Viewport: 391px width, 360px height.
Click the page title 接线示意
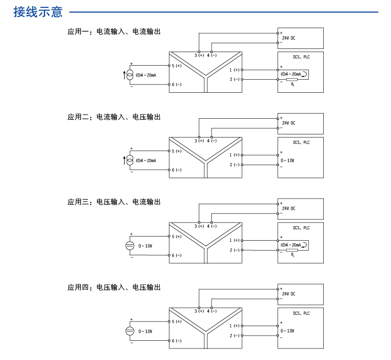click(38, 11)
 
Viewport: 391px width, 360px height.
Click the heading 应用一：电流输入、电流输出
click(114, 32)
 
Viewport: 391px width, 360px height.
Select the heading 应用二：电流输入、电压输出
click(114, 117)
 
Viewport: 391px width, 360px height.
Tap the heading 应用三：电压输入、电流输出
click(114, 202)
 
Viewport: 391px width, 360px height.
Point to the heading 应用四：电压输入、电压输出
click(114, 288)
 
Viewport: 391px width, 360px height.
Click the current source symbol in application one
click(130, 75)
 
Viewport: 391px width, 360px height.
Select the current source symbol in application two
click(130, 160)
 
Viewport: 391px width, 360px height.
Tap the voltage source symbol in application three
click(130, 245)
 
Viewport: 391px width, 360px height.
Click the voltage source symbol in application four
click(130, 331)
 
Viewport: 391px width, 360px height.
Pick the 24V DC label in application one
click(288, 38)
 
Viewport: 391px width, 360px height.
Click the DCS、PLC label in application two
click(301, 143)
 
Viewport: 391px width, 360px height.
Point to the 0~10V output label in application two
click(287, 160)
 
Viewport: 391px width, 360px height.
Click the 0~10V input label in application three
click(145, 245)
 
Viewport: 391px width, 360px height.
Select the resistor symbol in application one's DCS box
click(292, 79)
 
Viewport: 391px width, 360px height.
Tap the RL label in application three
click(293, 255)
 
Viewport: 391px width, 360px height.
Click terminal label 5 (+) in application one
click(176, 66)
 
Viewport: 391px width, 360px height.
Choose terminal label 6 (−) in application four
click(176, 341)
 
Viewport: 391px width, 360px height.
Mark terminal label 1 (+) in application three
click(234, 240)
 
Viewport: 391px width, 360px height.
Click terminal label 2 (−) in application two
click(234, 165)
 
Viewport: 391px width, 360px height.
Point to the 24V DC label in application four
click(288, 294)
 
